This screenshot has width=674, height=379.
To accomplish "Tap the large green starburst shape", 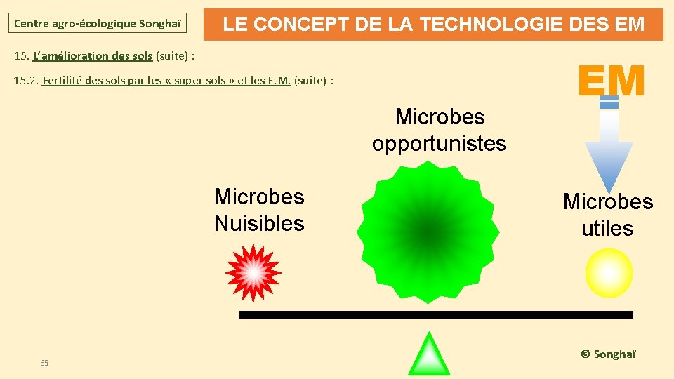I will pyautogui.click(x=428, y=231).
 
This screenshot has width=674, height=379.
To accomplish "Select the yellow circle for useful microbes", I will pyautogui.click(x=609, y=273).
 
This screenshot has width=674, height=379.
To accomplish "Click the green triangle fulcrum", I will pyautogui.click(x=429, y=355).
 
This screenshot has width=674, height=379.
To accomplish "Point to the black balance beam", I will pyautogui.click(x=435, y=314).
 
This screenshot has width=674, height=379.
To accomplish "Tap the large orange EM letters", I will pyautogui.click(x=611, y=81).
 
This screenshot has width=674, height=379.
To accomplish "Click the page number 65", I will pyautogui.click(x=44, y=363).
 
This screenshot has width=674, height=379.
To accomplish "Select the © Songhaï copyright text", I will pyautogui.click(x=608, y=354).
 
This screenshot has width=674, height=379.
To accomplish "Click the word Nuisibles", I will pyautogui.click(x=259, y=224).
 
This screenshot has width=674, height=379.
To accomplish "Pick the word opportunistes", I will pyautogui.click(x=439, y=144).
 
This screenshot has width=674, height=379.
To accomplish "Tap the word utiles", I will pyautogui.click(x=607, y=229).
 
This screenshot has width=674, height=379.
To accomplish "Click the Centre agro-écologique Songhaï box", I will pyautogui.click(x=98, y=24).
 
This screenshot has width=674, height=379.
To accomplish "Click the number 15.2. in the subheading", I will pyautogui.click(x=26, y=80).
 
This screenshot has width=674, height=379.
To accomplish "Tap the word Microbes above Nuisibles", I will pyautogui.click(x=259, y=197).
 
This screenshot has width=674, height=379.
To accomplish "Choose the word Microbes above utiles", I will pyautogui.click(x=608, y=202).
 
